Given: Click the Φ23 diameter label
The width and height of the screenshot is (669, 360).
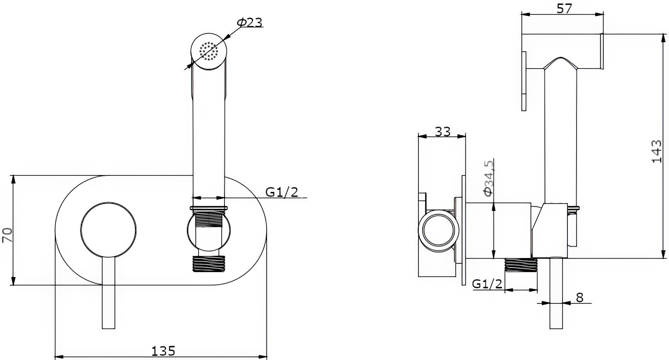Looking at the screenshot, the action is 250,22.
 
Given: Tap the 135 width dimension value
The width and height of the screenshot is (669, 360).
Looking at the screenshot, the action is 163,351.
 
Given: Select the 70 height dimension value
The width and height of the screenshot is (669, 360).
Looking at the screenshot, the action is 7,235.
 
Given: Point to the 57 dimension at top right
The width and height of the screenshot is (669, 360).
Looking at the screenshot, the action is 564,8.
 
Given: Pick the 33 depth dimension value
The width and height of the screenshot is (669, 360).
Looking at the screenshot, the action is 442,131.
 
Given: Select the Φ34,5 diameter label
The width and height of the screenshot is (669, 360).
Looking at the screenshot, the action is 488,178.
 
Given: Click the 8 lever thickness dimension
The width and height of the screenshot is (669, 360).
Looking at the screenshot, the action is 579,297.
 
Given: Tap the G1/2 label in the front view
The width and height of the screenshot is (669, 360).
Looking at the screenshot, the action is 282,192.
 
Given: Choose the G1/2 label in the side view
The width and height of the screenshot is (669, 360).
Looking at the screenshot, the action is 487,284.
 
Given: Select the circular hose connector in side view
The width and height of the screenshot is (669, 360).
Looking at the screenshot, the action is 438,231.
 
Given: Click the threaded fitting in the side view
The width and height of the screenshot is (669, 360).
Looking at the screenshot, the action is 521,265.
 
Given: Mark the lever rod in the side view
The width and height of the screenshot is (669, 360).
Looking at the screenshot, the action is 556,293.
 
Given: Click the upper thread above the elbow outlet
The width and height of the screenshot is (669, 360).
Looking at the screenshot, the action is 209,219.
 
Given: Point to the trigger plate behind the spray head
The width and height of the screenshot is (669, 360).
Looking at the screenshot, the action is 524,81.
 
